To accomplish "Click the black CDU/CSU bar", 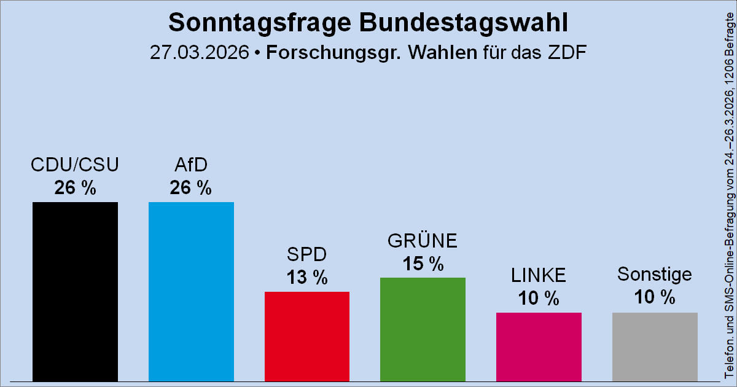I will click(75, 292).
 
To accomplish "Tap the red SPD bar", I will click(307, 337).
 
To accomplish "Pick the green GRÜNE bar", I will click(423, 330).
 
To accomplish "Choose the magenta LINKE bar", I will click(539, 347).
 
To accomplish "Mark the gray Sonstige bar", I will click(655, 347).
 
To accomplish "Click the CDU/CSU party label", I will click(75, 165).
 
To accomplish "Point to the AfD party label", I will click(191, 165).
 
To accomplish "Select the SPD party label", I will click(307, 255).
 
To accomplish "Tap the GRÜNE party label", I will click(423, 241).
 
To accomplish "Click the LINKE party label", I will click(539, 276).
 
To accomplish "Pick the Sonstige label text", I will click(655, 274).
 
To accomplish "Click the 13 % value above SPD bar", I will click(307, 278).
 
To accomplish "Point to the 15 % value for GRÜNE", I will click(423, 264).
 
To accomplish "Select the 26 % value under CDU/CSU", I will click(75, 188).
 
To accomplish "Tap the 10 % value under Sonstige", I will click(655, 297).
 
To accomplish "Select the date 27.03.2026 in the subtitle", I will click(200, 53).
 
